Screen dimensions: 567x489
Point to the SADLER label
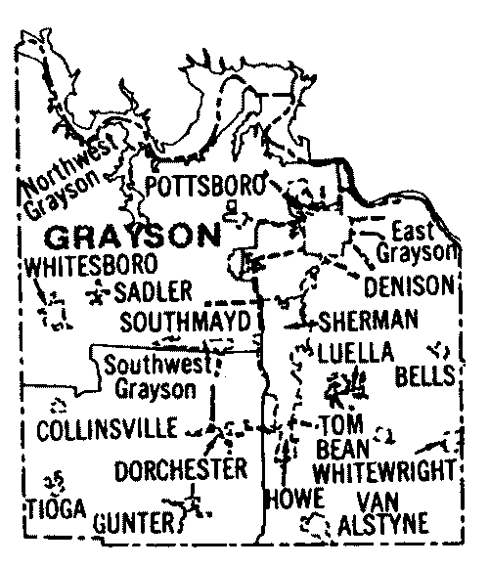[146, 290]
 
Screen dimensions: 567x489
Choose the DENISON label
[410, 286]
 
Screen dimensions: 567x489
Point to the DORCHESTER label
[181, 470]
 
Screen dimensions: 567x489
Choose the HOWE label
[292, 499]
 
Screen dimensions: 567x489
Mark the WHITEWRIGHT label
[386, 469]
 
